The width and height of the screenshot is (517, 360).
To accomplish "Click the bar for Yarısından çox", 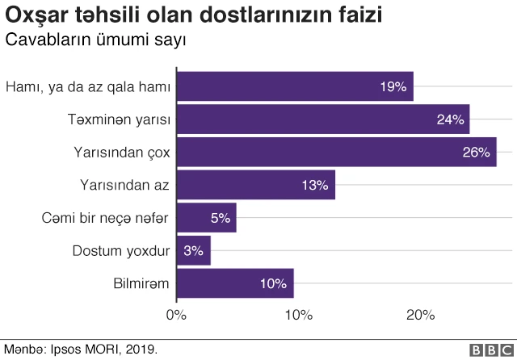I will point(335,152).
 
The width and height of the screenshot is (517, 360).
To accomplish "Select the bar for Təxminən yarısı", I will point(322,119).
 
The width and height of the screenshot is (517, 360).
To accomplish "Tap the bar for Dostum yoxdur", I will point(193,250).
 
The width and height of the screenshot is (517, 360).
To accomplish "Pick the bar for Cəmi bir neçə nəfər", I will point(206,218).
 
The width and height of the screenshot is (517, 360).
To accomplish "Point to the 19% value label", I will point(393,86).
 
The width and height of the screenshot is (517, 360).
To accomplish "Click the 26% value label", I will point(477,152).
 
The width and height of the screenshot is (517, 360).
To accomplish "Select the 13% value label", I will point(315,185).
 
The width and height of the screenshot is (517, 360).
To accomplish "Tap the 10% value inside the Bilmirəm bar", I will point(274,283).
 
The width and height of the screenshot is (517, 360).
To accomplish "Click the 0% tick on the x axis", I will point(176,314).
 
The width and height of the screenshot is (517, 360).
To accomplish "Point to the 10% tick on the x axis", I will point(299,314).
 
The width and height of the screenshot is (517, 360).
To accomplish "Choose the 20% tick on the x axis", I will point(421,314).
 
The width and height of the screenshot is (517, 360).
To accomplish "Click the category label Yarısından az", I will point(124,185).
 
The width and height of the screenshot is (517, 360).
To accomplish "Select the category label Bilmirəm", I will point(141,283).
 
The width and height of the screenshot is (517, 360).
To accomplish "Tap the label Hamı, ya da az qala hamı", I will point(87,86).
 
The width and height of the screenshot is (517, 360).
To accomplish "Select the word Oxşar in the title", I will point(38,15).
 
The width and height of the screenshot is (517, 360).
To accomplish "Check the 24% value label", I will point(450,119).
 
